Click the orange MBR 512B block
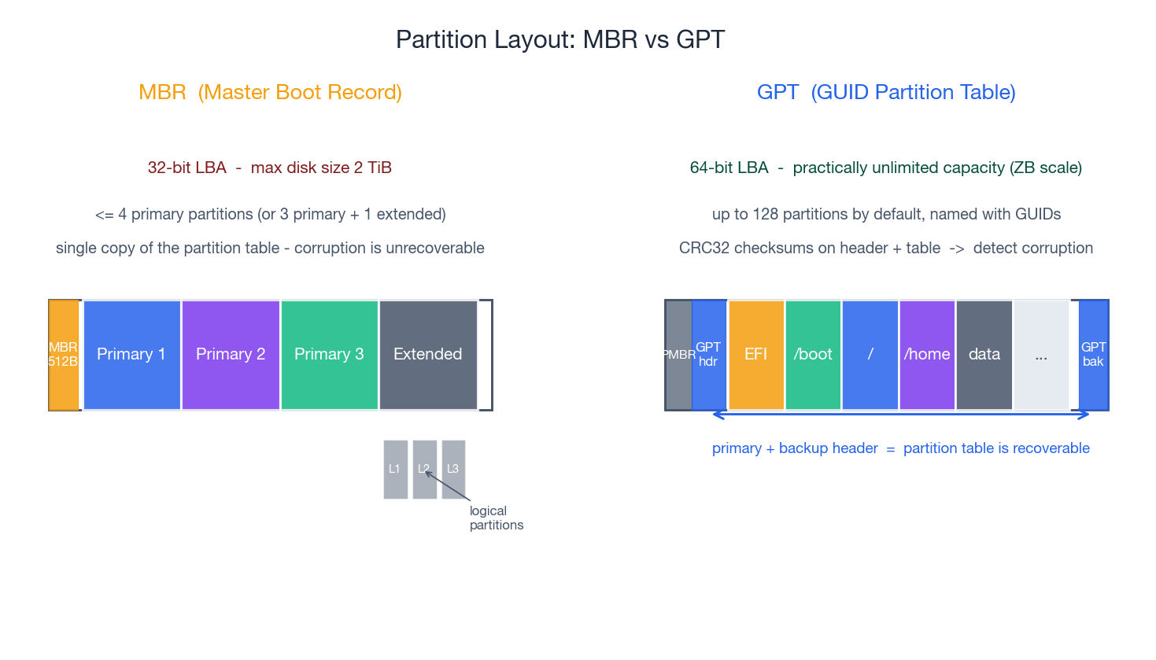(x=64, y=355)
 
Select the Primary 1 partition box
(x=131, y=355)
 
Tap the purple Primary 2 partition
(x=231, y=355)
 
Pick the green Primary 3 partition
(x=329, y=355)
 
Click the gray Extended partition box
(x=428, y=355)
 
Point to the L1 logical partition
(x=395, y=469)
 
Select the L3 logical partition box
(x=453, y=469)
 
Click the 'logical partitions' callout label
(x=496, y=518)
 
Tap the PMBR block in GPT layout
(x=678, y=355)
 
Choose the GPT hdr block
(x=709, y=355)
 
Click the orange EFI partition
(x=755, y=355)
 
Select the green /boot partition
(x=813, y=355)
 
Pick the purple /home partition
(x=927, y=355)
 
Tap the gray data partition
(x=984, y=355)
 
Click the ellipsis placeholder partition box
(x=1041, y=355)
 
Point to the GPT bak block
(x=1093, y=355)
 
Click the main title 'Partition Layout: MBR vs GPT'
(x=560, y=39)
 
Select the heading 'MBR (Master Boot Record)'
(x=270, y=92)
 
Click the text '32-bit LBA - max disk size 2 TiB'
(x=270, y=168)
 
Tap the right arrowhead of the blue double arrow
(x=1086, y=415)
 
